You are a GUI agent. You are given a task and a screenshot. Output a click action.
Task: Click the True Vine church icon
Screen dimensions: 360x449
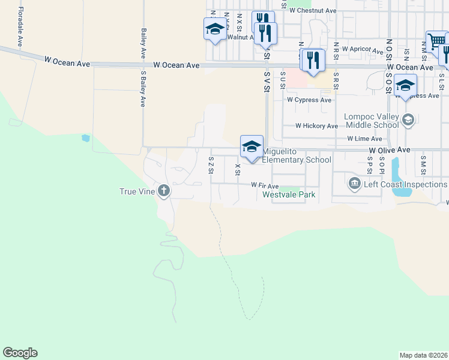tap(163, 191)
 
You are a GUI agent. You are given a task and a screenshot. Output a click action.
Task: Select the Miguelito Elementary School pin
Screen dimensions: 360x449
tap(252, 146)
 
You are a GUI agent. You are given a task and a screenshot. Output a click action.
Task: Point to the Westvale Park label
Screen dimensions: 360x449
tap(294, 195)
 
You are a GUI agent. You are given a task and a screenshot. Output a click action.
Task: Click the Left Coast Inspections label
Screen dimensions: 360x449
tap(406, 184)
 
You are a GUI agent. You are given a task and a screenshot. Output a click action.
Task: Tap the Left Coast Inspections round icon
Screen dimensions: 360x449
tap(354, 183)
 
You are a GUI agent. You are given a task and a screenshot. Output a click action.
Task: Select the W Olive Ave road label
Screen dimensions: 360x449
tap(389, 149)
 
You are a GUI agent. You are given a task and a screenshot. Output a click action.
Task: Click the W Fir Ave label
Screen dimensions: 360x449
tap(265, 186)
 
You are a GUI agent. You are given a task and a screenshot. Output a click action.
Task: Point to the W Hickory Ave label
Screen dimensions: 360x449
tap(316, 126)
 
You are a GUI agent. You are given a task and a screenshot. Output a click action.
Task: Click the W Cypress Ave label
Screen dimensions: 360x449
tap(309, 100)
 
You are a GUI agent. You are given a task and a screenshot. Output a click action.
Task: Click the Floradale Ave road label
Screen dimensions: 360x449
tap(20, 27)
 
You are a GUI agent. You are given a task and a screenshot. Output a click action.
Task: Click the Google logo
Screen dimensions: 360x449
tap(20, 353)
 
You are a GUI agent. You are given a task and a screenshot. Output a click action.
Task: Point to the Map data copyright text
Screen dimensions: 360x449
tap(423, 355)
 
